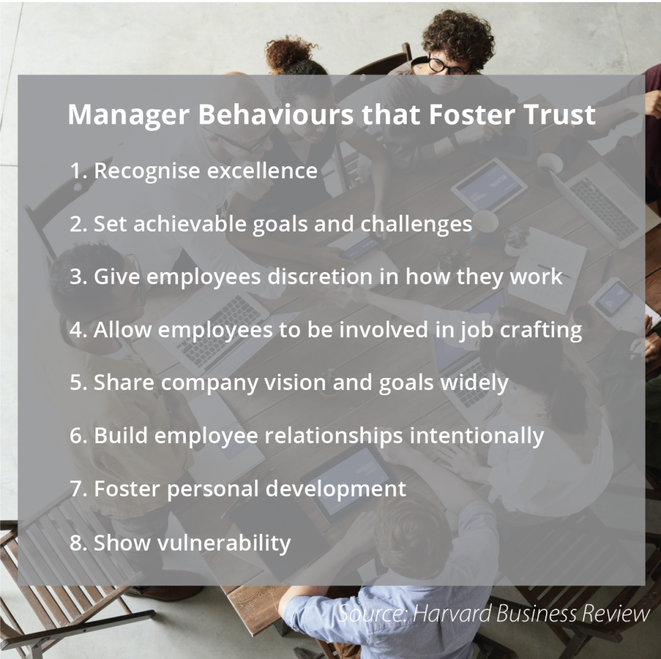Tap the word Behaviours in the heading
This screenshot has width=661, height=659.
[276, 114]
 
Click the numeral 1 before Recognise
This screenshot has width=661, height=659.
[75, 170]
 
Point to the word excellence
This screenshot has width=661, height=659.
[262, 170]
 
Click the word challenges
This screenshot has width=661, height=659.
[416, 224]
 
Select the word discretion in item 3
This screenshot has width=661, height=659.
[320, 277]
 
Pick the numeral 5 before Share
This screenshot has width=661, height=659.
[76, 382]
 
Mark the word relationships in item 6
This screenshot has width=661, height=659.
[334, 437]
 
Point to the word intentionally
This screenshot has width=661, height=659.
[477, 437]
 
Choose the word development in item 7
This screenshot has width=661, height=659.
[336, 489]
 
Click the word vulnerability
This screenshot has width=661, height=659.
[224, 543]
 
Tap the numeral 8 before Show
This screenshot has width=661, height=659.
[76, 542]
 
